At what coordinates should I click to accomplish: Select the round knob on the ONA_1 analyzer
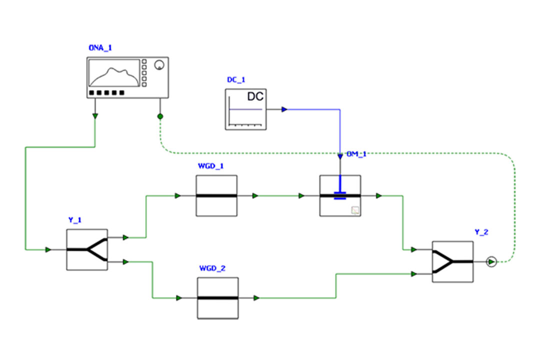pos(159,65)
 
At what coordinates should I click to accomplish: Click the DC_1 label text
pos(236,79)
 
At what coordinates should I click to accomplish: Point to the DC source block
pos(245,109)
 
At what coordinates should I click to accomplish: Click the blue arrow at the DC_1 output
pos(284,109)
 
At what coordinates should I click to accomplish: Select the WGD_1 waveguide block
pos(216,196)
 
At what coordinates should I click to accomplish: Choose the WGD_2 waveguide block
pos(217,298)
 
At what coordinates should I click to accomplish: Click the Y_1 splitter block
pos(86,249)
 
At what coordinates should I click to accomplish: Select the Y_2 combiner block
pos(452,261)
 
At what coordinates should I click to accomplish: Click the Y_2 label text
pos(481,231)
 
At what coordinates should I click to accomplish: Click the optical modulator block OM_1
pos(340,196)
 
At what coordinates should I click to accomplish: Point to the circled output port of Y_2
pos(491,261)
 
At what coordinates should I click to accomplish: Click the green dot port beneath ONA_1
pos(160,116)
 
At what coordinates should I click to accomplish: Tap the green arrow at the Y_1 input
pos(48,249)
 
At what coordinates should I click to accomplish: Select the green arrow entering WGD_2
pos(178,298)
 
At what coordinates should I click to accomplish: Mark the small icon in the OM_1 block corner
pos(355,210)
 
